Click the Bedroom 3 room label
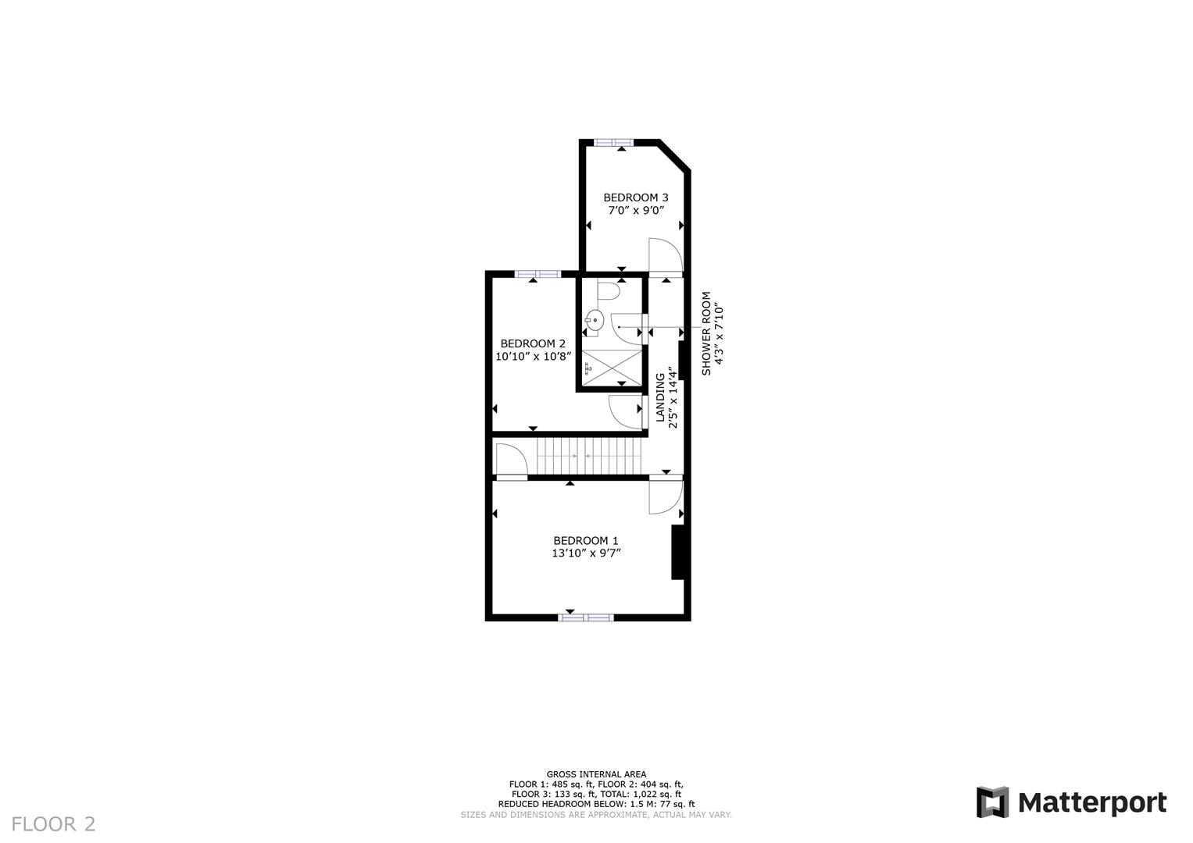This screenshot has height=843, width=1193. click(x=635, y=197)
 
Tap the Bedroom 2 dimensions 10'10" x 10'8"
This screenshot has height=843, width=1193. click(x=534, y=356)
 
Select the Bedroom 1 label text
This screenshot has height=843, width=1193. click(x=585, y=540)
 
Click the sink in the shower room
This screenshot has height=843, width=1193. click(x=595, y=318)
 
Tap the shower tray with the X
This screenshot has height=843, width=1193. click(x=612, y=367)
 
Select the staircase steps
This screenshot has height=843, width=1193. click(x=588, y=455)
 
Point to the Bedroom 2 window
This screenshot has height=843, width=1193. click(x=538, y=273)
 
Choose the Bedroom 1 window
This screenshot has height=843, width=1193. click(x=585, y=617)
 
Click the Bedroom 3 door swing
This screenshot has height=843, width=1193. click(x=666, y=255)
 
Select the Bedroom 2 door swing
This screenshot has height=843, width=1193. click(x=625, y=411)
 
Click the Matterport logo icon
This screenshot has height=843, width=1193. click(x=992, y=802)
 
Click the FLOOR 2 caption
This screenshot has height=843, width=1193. click(x=54, y=823)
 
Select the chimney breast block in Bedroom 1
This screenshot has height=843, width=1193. click(x=679, y=552)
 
